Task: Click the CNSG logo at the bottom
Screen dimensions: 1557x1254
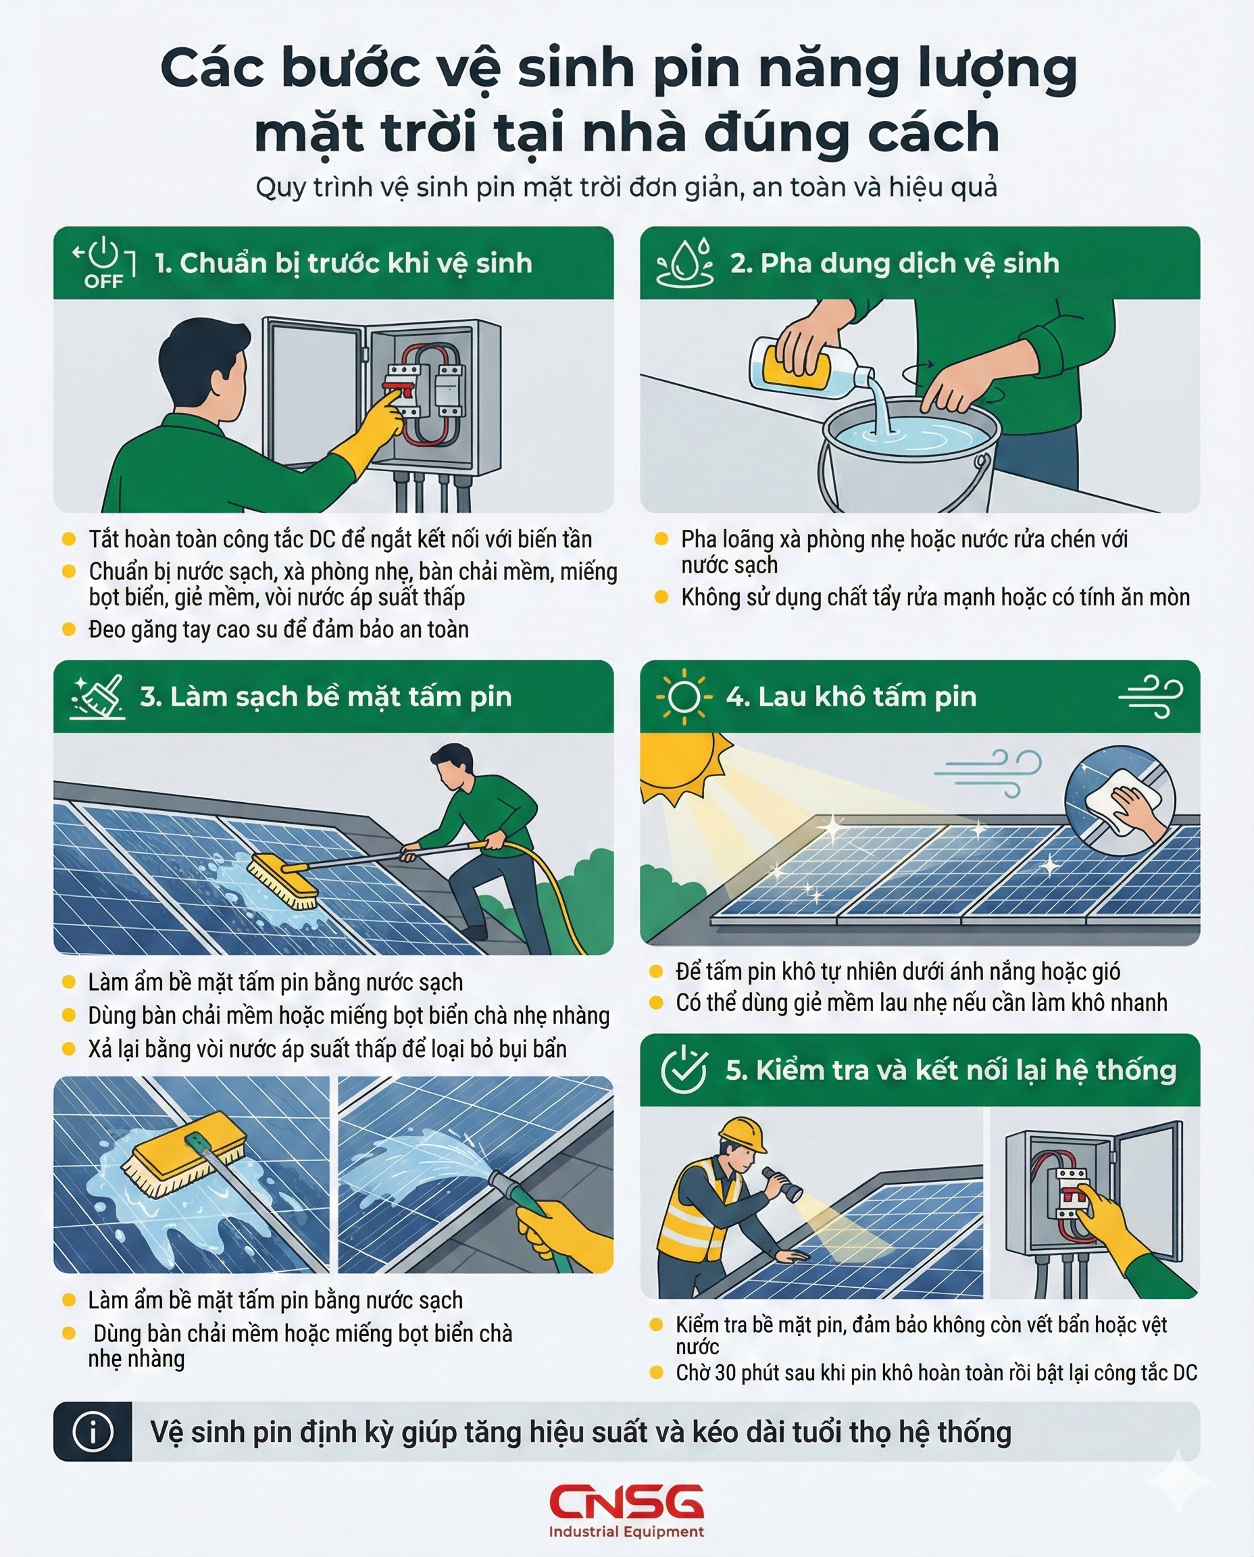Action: click(x=626, y=1502)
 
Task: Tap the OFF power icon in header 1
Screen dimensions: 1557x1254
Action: click(x=104, y=262)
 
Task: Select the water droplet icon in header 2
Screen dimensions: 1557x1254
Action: click(x=684, y=262)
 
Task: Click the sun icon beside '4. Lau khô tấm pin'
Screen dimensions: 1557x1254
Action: click(x=683, y=697)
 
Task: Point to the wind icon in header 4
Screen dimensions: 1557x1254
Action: click(x=1151, y=697)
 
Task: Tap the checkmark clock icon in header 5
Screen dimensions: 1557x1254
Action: click(x=683, y=1070)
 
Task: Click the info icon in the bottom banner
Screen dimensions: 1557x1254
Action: click(x=93, y=1431)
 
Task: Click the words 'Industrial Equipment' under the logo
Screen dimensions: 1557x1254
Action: click(x=626, y=1531)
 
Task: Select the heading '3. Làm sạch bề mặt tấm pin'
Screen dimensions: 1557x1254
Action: click(x=326, y=697)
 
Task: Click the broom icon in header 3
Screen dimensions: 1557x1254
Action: click(x=97, y=697)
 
